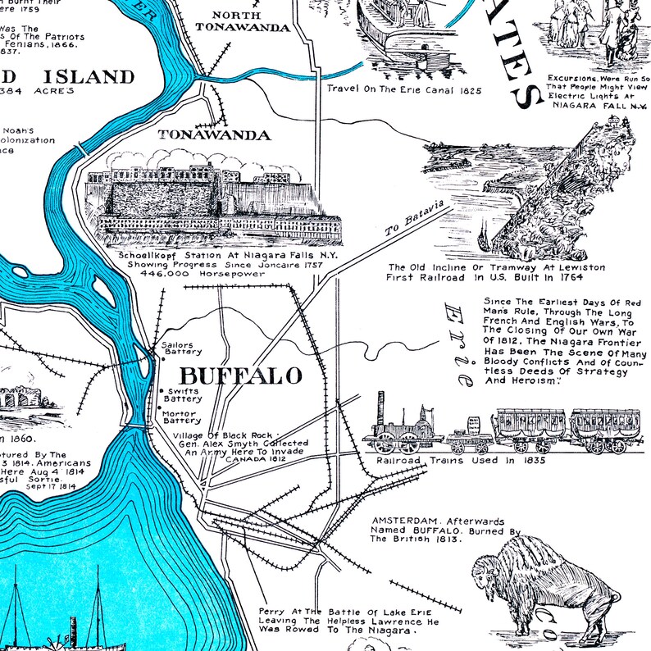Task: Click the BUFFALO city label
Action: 240,376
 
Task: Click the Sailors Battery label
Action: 181,348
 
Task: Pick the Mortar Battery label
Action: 181,417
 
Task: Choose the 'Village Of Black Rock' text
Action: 230,435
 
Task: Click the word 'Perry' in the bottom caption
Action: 270,612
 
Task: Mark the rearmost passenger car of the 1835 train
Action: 605,428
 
